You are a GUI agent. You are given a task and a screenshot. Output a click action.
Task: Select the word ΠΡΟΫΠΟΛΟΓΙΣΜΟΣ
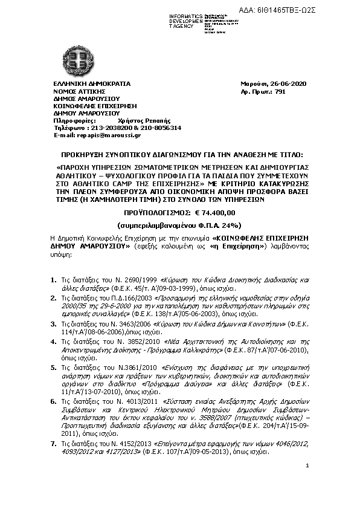(157, 213)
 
